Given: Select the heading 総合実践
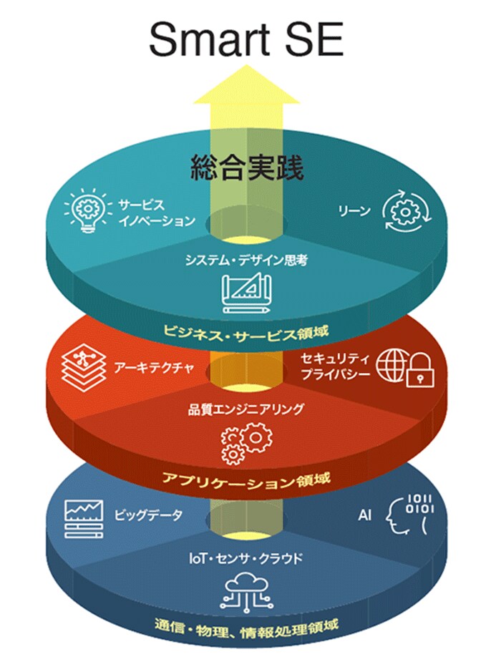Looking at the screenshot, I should pyautogui.click(x=247, y=168).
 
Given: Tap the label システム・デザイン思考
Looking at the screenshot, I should pyautogui.click(x=246, y=261).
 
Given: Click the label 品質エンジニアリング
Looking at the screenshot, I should pyautogui.click(x=246, y=409).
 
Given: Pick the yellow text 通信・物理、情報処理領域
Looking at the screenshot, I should pyautogui.click(x=246, y=625).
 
